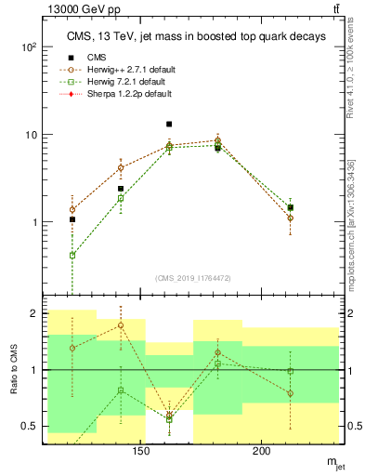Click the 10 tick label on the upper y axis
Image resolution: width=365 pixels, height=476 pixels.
click(33, 135)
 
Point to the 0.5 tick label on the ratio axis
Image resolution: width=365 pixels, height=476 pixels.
click(32, 426)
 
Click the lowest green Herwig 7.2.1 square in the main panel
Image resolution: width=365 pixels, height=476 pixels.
click(72, 255)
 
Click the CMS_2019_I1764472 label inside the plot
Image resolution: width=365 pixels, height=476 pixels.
click(193, 277)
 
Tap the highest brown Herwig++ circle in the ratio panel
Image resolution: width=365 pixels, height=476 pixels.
click(121, 325)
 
